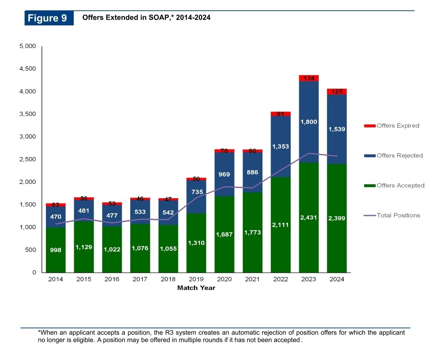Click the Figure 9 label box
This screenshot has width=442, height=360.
[x=49, y=18]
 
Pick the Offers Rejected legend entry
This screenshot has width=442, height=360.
[x=393, y=156]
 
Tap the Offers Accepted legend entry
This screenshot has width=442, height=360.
[x=394, y=186]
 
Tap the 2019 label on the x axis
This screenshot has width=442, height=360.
[x=196, y=279]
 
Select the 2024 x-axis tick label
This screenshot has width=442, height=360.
[x=337, y=279]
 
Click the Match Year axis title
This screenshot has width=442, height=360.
[x=196, y=288]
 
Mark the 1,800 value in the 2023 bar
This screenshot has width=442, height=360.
[x=308, y=122]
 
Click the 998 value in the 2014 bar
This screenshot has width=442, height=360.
[x=56, y=250]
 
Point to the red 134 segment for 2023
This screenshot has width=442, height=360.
[x=308, y=78]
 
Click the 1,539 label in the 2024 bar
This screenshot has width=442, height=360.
[x=337, y=129]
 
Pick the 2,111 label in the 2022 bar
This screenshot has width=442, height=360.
[x=281, y=225]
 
